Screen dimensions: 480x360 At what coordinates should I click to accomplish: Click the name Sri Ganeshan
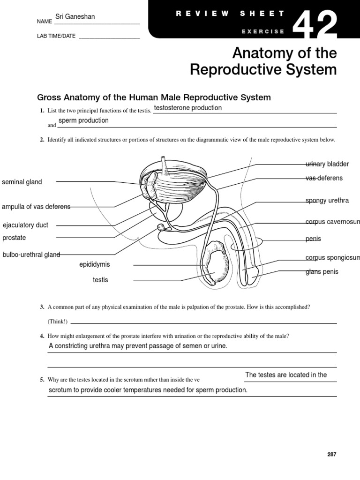tap(75, 17)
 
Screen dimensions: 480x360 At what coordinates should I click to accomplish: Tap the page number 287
tap(331, 454)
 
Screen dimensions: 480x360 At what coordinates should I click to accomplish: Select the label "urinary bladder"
tap(327, 164)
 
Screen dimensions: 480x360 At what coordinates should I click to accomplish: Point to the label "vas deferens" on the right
tap(324, 178)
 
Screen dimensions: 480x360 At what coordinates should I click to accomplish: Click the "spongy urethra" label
tap(327, 201)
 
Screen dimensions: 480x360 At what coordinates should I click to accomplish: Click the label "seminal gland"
tap(22, 182)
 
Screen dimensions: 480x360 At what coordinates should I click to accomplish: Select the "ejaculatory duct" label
tap(25, 225)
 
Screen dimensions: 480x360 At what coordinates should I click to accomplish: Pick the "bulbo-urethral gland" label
tap(31, 255)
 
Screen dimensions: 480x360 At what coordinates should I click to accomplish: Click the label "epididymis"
tap(95, 264)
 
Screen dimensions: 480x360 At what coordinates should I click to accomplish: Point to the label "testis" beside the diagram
tap(100, 280)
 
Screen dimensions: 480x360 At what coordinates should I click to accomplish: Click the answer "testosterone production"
tap(187, 108)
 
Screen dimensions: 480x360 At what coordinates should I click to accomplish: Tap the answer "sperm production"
tap(83, 120)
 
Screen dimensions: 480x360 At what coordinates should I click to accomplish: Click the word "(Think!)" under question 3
tap(57, 322)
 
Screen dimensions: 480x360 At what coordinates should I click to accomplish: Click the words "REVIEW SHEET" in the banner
tap(230, 14)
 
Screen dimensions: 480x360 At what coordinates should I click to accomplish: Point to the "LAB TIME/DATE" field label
tap(56, 36)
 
